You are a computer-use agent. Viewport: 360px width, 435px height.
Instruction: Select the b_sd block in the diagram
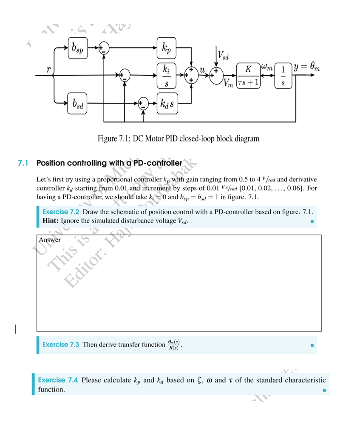(x=77, y=103)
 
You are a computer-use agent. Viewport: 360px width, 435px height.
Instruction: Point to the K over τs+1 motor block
(x=248, y=76)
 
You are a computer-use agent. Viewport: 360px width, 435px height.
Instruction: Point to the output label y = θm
(x=306, y=67)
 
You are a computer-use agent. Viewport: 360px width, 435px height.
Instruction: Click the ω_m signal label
(x=267, y=67)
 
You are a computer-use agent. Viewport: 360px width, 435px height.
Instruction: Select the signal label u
(x=203, y=69)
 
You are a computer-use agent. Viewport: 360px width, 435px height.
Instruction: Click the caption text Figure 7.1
(x=178, y=138)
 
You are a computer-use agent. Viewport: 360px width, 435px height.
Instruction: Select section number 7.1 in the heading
(x=23, y=163)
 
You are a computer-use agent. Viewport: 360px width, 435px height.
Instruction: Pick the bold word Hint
(x=51, y=221)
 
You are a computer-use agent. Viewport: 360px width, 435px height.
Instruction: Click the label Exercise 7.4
(x=58, y=380)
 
